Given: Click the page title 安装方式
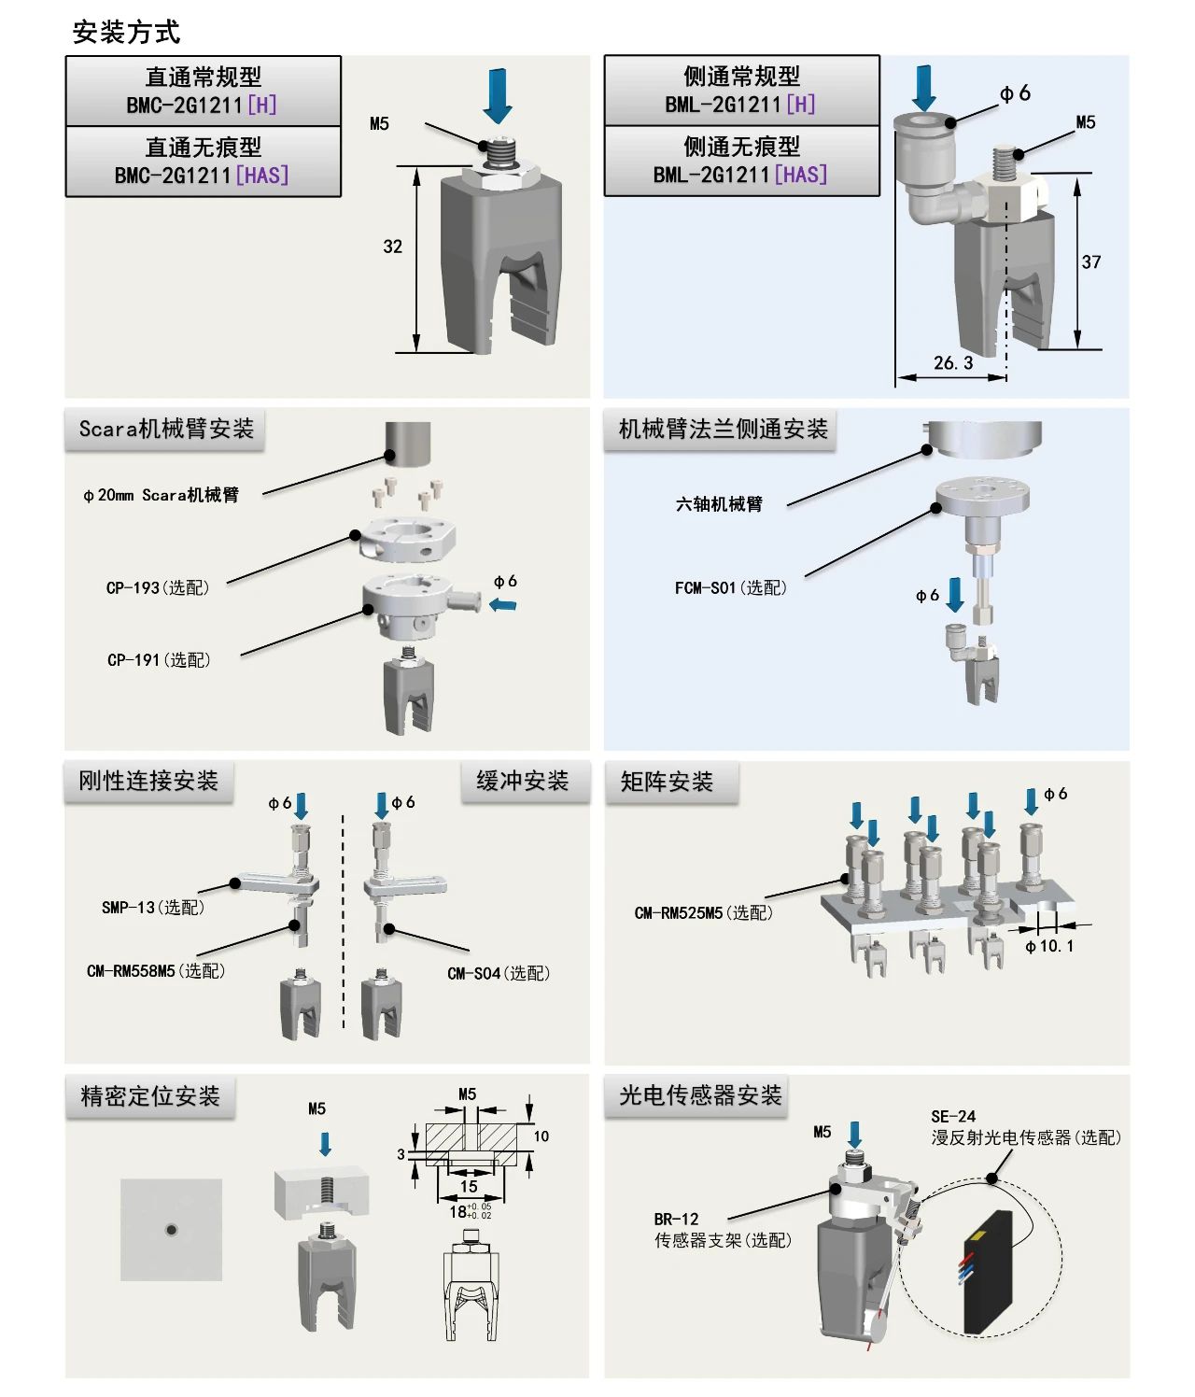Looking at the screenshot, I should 126,32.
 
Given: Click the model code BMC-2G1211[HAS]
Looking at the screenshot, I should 202,175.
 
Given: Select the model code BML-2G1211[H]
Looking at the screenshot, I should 740,104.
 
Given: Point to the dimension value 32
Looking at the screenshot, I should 393,247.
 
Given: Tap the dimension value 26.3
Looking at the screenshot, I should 953,362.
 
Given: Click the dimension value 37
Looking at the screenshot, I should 1091,262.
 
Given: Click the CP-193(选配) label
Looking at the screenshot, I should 158,587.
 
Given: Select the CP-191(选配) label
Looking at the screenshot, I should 159,659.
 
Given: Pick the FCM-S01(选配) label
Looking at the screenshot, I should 730,587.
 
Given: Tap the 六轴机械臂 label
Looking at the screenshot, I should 719,504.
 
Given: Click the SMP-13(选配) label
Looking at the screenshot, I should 153,907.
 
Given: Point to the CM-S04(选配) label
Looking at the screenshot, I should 499,973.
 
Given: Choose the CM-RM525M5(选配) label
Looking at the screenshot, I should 703,912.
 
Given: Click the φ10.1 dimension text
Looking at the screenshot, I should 1049,946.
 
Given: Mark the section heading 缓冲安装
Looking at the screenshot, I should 523,781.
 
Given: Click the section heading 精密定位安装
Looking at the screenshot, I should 150,1095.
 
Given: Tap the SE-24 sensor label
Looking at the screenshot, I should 953,1116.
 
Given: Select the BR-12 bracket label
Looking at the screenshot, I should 676,1219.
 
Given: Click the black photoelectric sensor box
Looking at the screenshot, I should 989,1272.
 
